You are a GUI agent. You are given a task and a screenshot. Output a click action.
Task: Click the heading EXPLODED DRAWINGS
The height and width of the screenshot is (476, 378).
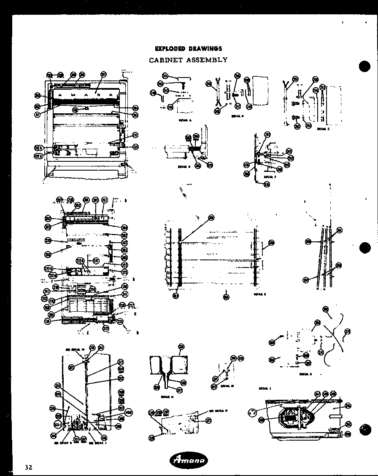(x=188, y=49)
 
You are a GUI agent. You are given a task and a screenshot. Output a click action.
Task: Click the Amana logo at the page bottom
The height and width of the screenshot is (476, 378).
(x=188, y=460)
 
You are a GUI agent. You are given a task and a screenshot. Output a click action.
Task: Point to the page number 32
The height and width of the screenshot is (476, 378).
(x=28, y=467)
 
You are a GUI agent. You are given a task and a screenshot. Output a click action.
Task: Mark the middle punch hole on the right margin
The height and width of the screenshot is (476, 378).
(x=364, y=248)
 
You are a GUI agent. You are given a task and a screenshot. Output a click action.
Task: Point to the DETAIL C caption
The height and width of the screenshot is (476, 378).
(x=323, y=129)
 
